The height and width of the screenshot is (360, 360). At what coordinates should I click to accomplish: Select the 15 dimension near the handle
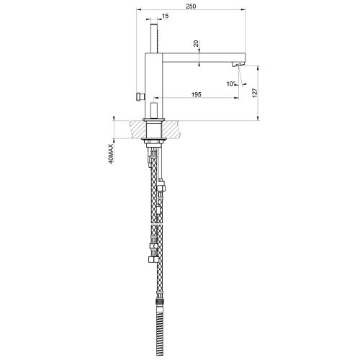point(166,16)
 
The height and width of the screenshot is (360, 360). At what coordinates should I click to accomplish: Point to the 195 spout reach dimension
point(196,94)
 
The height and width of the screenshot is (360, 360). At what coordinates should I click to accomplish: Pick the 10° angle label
point(230,83)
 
